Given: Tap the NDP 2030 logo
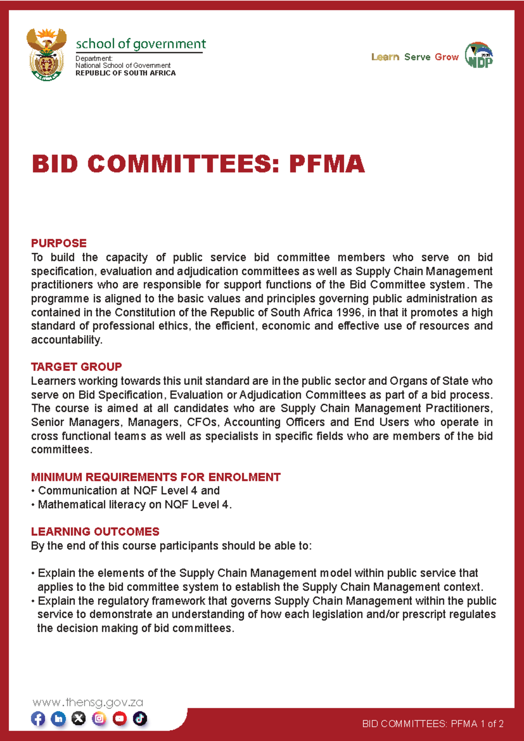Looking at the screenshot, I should point(479,55).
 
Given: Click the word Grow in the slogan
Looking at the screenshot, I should point(447,57).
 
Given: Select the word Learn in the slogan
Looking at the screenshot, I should point(385,57).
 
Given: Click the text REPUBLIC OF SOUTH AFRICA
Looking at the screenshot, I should point(125,73).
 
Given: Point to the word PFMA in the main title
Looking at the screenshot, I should point(326,164).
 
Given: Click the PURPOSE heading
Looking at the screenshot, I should point(59,243).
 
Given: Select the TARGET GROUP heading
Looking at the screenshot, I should point(76,367).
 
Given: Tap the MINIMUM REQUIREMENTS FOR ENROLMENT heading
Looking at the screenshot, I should point(155,477).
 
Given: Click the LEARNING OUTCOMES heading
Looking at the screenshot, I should point(95,532).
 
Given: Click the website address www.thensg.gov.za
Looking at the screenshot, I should point(88,703).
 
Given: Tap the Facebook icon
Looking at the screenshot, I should point(38,719).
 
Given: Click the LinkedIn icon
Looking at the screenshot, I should point(59,719).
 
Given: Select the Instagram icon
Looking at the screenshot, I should point(99,719).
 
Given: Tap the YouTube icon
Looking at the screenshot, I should point(120,719).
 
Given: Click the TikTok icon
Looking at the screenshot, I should point(140,719).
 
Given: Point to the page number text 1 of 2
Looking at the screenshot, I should point(492,724).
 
